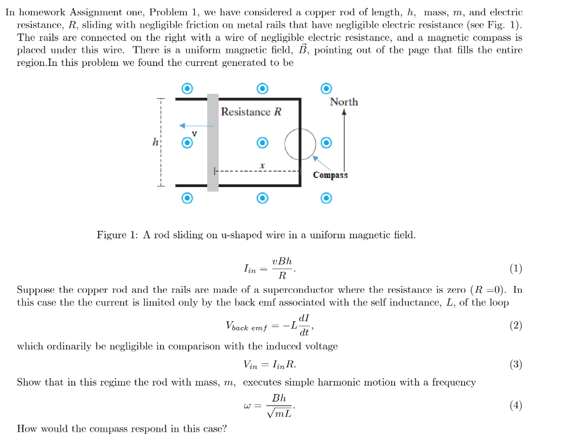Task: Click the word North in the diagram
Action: click(344, 102)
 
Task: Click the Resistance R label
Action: click(251, 112)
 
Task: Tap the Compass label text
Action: click(330, 175)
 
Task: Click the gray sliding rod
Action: click(212, 142)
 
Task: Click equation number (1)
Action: click(516, 269)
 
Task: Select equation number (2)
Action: click(516, 325)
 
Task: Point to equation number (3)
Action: click(516, 365)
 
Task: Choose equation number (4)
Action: click(516, 405)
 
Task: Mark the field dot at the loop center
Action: click(262, 142)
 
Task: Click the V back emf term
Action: click(245, 326)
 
